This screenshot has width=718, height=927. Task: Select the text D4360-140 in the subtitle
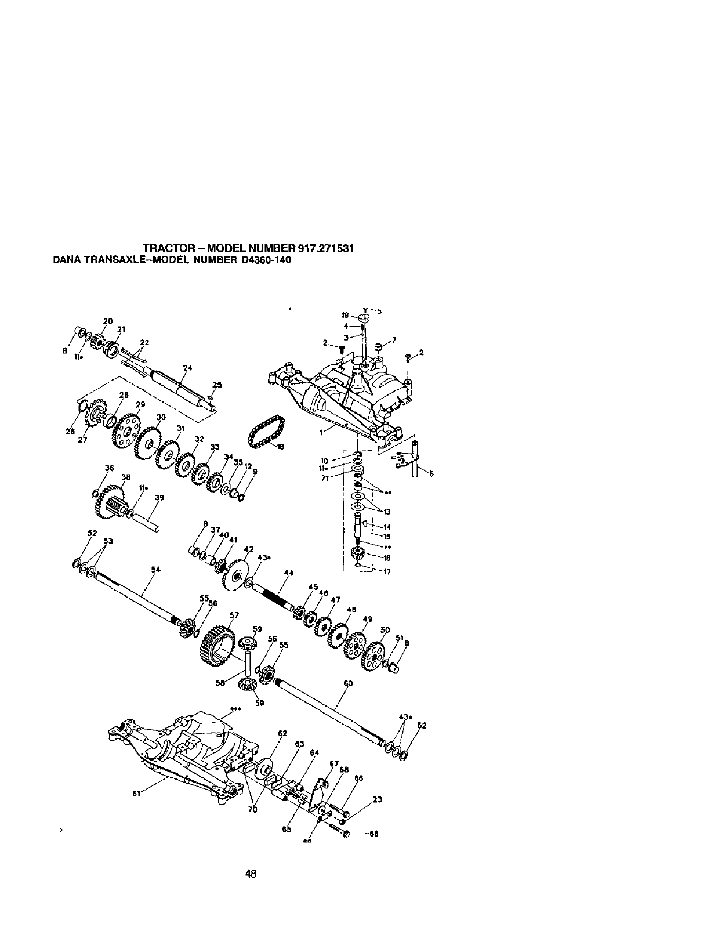pos(262,260)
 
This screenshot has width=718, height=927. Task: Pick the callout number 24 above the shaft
pos(187,368)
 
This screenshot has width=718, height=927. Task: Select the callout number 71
pos(325,479)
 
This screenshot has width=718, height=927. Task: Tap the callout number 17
pos(387,571)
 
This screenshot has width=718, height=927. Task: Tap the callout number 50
pos(385,630)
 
